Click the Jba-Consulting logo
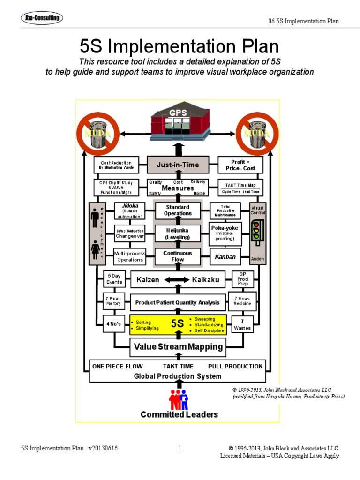click(42, 18)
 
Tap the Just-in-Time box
click(178, 165)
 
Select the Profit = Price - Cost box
click(240, 165)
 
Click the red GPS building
click(178, 123)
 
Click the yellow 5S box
click(178, 324)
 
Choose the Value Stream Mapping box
click(178, 347)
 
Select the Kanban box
click(225, 257)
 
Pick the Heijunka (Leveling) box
click(178, 233)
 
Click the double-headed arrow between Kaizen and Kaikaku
click(176, 280)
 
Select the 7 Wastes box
click(242, 324)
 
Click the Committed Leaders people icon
click(179, 398)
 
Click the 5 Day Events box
click(114, 279)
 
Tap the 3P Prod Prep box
click(243, 279)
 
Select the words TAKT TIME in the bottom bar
click(178, 366)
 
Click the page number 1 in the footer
click(180, 449)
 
